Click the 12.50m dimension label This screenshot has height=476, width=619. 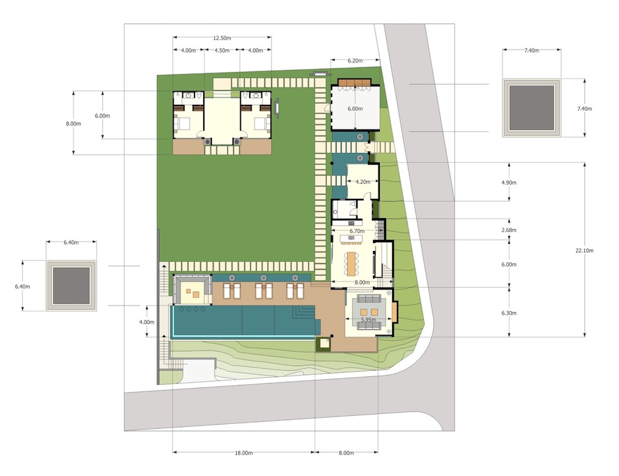(x=222, y=38)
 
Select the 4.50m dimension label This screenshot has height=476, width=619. (x=222, y=51)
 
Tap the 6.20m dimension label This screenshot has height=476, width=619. (x=355, y=61)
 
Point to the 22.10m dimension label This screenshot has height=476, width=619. (x=584, y=250)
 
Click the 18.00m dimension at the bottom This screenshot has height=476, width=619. (x=244, y=453)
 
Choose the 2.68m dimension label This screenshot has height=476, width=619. (x=509, y=230)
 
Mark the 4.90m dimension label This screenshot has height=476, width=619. (x=509, y=182)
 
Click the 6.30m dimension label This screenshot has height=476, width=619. (x=509, y=313)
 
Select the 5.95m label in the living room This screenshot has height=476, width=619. (x=368, y=320)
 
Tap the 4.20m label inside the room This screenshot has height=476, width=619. (x=363, y=182)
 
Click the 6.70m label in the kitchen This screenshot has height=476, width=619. (x=357, y=231)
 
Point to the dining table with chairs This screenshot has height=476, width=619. (x=351, y=264)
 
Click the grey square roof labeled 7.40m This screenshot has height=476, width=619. (x=532, y=108)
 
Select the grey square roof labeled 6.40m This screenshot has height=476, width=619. (x=71, y=286)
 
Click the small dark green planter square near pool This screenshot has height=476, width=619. (x=323, y=344)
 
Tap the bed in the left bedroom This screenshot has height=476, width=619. (x=182, y=123)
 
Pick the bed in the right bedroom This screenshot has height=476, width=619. (x=262, y=123)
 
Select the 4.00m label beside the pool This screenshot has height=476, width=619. (x=146, y=322)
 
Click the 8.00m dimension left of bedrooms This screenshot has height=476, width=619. (x=74, y=123)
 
